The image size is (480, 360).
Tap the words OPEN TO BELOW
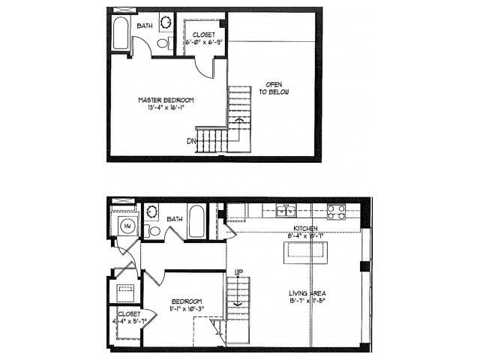coord(274,88)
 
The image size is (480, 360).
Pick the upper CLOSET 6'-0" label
coord(203,34)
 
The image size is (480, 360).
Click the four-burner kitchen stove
coord(335,211)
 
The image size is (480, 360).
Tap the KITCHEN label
coord(305,228)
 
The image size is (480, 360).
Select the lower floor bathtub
coord(196,221)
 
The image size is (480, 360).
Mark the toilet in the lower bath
coord(154,231)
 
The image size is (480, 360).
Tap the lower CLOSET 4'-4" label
coord(127,316)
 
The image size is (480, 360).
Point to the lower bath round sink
coord(151,212)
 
